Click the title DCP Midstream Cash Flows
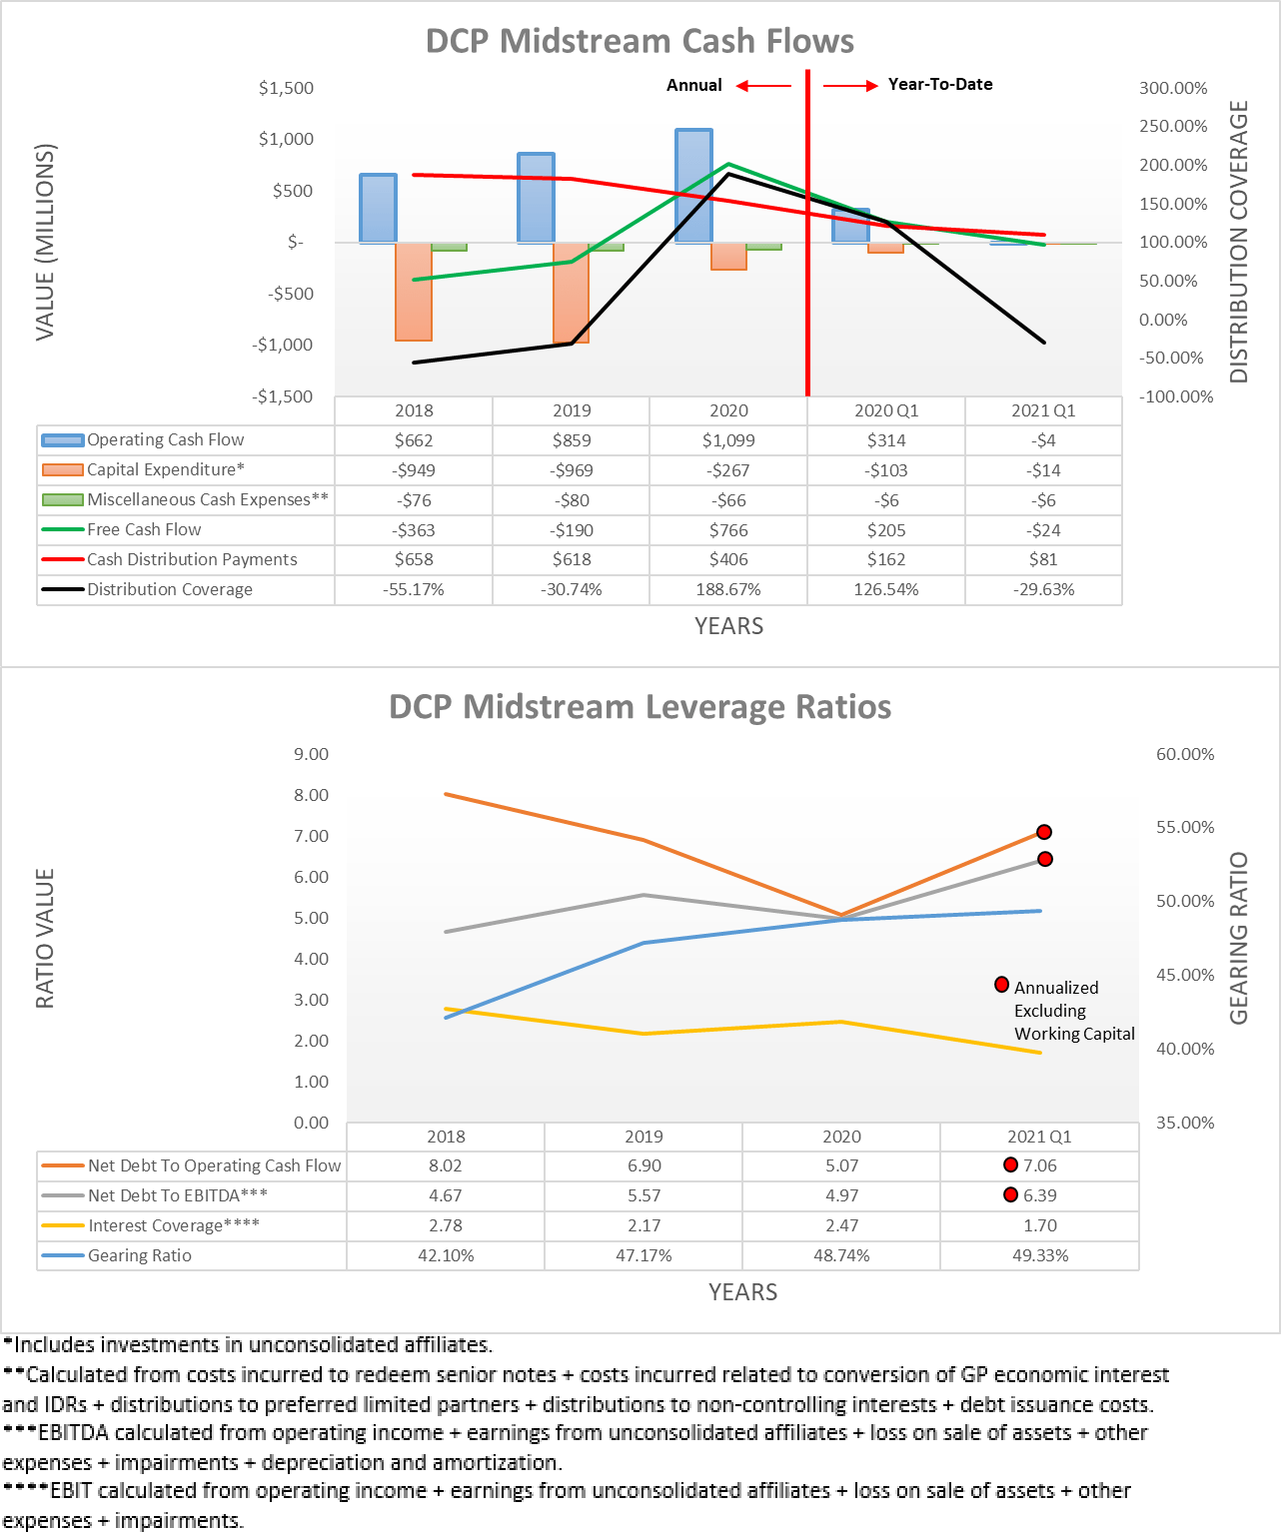(x=640, y=41)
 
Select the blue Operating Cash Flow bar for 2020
(x=693, y=185)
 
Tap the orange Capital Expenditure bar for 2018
(x=414, y=291)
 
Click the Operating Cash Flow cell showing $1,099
(x=728, y=440)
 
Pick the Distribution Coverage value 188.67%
(x=728, y=590)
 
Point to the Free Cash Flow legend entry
(x=144, y=530)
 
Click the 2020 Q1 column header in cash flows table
(x=886, y=410)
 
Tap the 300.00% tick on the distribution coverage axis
(x=1173, y=88)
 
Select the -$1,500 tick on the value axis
(x=283, y=396)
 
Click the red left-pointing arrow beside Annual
(x=763, y=86)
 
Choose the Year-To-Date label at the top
(x=940, y=85)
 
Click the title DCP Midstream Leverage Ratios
(x=640, y=707)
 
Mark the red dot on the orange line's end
(x=1044, y=832)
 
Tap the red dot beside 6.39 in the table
(x=1010, y=1195)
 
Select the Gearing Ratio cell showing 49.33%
(x=1040, y=1256)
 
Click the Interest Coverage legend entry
(x=173, y=1226)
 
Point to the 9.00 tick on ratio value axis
(x=311, y=755)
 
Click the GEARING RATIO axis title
(x=1239, y=938)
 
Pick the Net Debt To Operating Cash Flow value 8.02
(x=446, y=1166)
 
